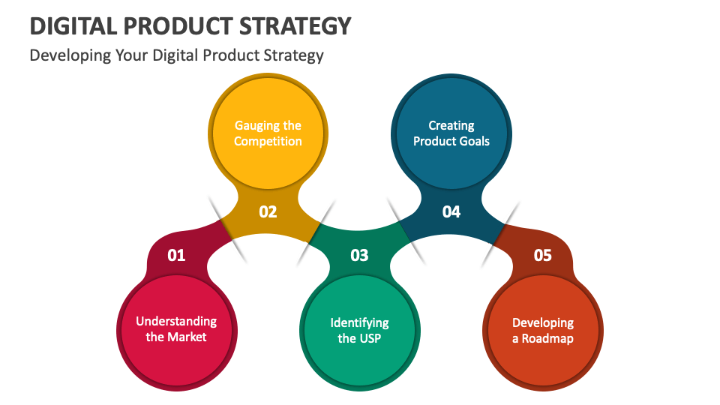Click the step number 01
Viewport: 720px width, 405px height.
pyautogui.click(x=176, y=256)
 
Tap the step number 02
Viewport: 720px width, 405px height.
pyautogui.click(x=268, y=212)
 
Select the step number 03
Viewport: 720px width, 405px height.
pyautogui.click(x=359, y=256)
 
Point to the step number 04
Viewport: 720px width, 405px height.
pyautogui.click(x=451, y=212)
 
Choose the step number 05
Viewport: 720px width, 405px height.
pyautogui.click(x=542, y=256)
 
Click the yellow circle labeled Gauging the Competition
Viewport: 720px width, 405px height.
pyautogui.click(x=268, y=133)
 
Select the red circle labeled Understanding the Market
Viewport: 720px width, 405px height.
pyautogui.click(x=176, y=329)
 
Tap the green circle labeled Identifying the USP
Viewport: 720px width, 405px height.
pyautogui.click(x=359, y=330)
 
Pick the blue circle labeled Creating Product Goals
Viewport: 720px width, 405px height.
pyautogui.click(x=451, y=133)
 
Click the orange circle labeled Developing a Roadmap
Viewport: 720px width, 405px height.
pyautogui.click(x=542, y=330)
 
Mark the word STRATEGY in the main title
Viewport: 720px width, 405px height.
pyautogui.click(x=299, y=26)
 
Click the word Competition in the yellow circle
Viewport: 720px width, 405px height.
pyautogui.click(x=268, y=142)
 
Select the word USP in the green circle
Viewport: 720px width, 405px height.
pyautogui.click(x=370, y=338)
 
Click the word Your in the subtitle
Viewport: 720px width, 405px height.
pyautogui.click(x=131, y=56)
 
